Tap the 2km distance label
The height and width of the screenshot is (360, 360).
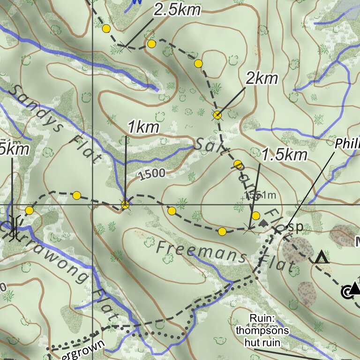(x=262, y=79)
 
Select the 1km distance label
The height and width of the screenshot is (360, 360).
(x=143, y=127)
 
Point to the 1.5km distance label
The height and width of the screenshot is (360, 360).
(x=284, y=155)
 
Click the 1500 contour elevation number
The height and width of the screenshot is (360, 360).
(x=152, y=173)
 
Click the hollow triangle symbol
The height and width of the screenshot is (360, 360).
(x=321, y=258)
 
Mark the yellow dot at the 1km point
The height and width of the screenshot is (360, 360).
(x=125, y=204)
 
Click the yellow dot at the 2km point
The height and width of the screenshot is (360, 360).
(x=217, y=114)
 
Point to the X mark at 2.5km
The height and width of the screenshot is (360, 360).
(x=124, y=46)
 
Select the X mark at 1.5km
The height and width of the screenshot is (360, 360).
(x=250, y=229)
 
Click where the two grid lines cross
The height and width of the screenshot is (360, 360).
(x=93, y=205)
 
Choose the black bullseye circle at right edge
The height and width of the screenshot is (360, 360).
(x=346, y=293)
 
